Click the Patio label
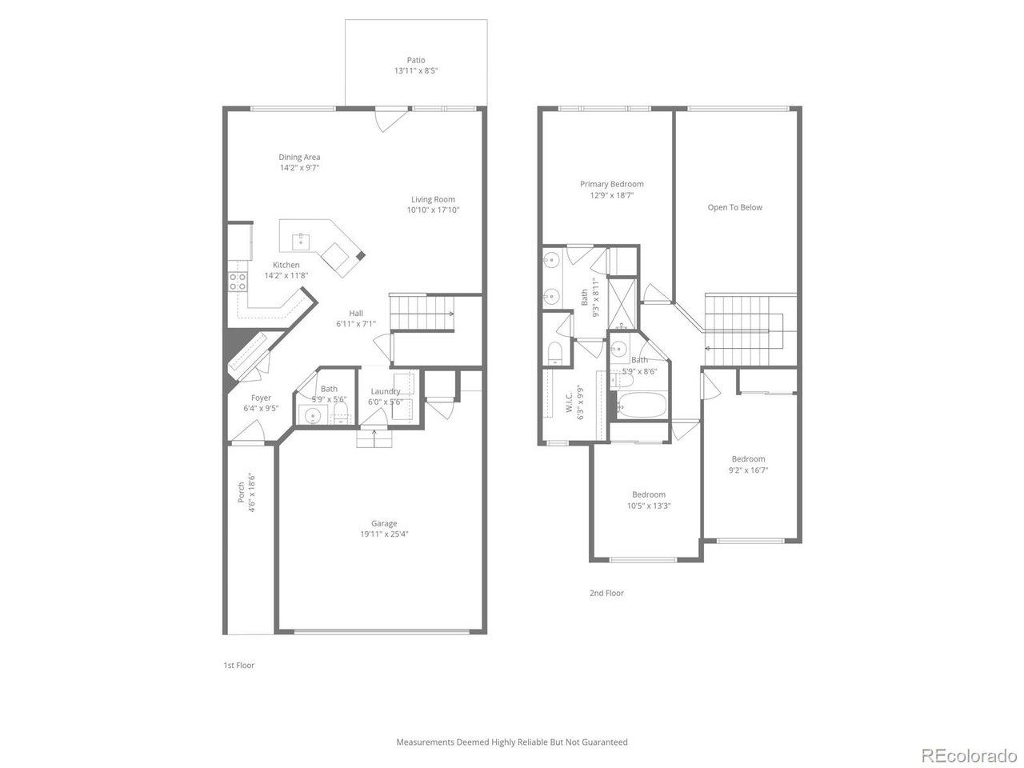(415, 60)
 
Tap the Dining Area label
(299, 158)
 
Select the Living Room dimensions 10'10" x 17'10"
(433, 210)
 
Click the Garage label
(383, 524)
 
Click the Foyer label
(261, 398)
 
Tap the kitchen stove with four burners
(238, 281)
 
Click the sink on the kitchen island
(302, 238)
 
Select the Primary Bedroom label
(611, 184)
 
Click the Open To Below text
(734, 207)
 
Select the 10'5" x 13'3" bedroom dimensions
(648, 506)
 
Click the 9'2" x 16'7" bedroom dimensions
(748, 470)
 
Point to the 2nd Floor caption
(606, 594)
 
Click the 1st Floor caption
(238, 666)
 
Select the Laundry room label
(385, 391)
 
